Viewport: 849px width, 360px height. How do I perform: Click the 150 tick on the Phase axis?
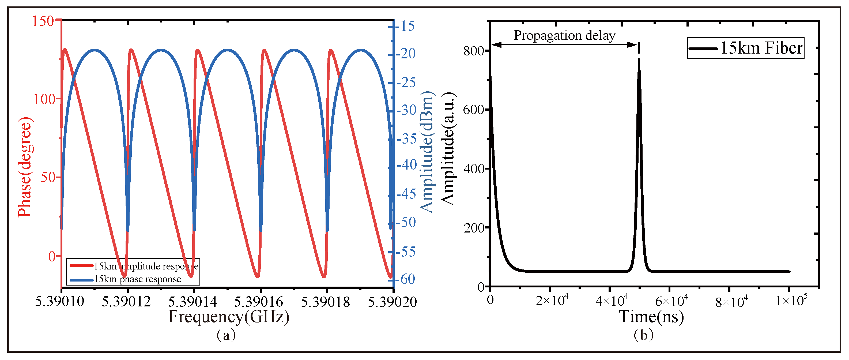coord(43,21)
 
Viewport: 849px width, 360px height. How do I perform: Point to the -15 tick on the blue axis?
coord(407,26)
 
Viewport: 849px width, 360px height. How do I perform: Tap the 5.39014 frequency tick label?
coord(193,302)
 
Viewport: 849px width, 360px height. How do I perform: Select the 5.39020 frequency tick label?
coord(392,302)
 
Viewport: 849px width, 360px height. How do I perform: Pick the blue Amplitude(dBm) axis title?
coord(427,152)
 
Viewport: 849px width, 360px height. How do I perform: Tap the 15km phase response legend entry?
coord(137,279)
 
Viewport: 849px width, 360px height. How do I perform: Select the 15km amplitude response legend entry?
coord(146,266)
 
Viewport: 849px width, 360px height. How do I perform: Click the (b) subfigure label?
coord(643,335)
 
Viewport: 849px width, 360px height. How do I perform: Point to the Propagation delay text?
coord(564,35)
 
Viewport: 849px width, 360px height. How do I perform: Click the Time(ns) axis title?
coord(651,317)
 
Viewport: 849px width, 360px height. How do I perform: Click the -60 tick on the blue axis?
coord(407,279)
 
